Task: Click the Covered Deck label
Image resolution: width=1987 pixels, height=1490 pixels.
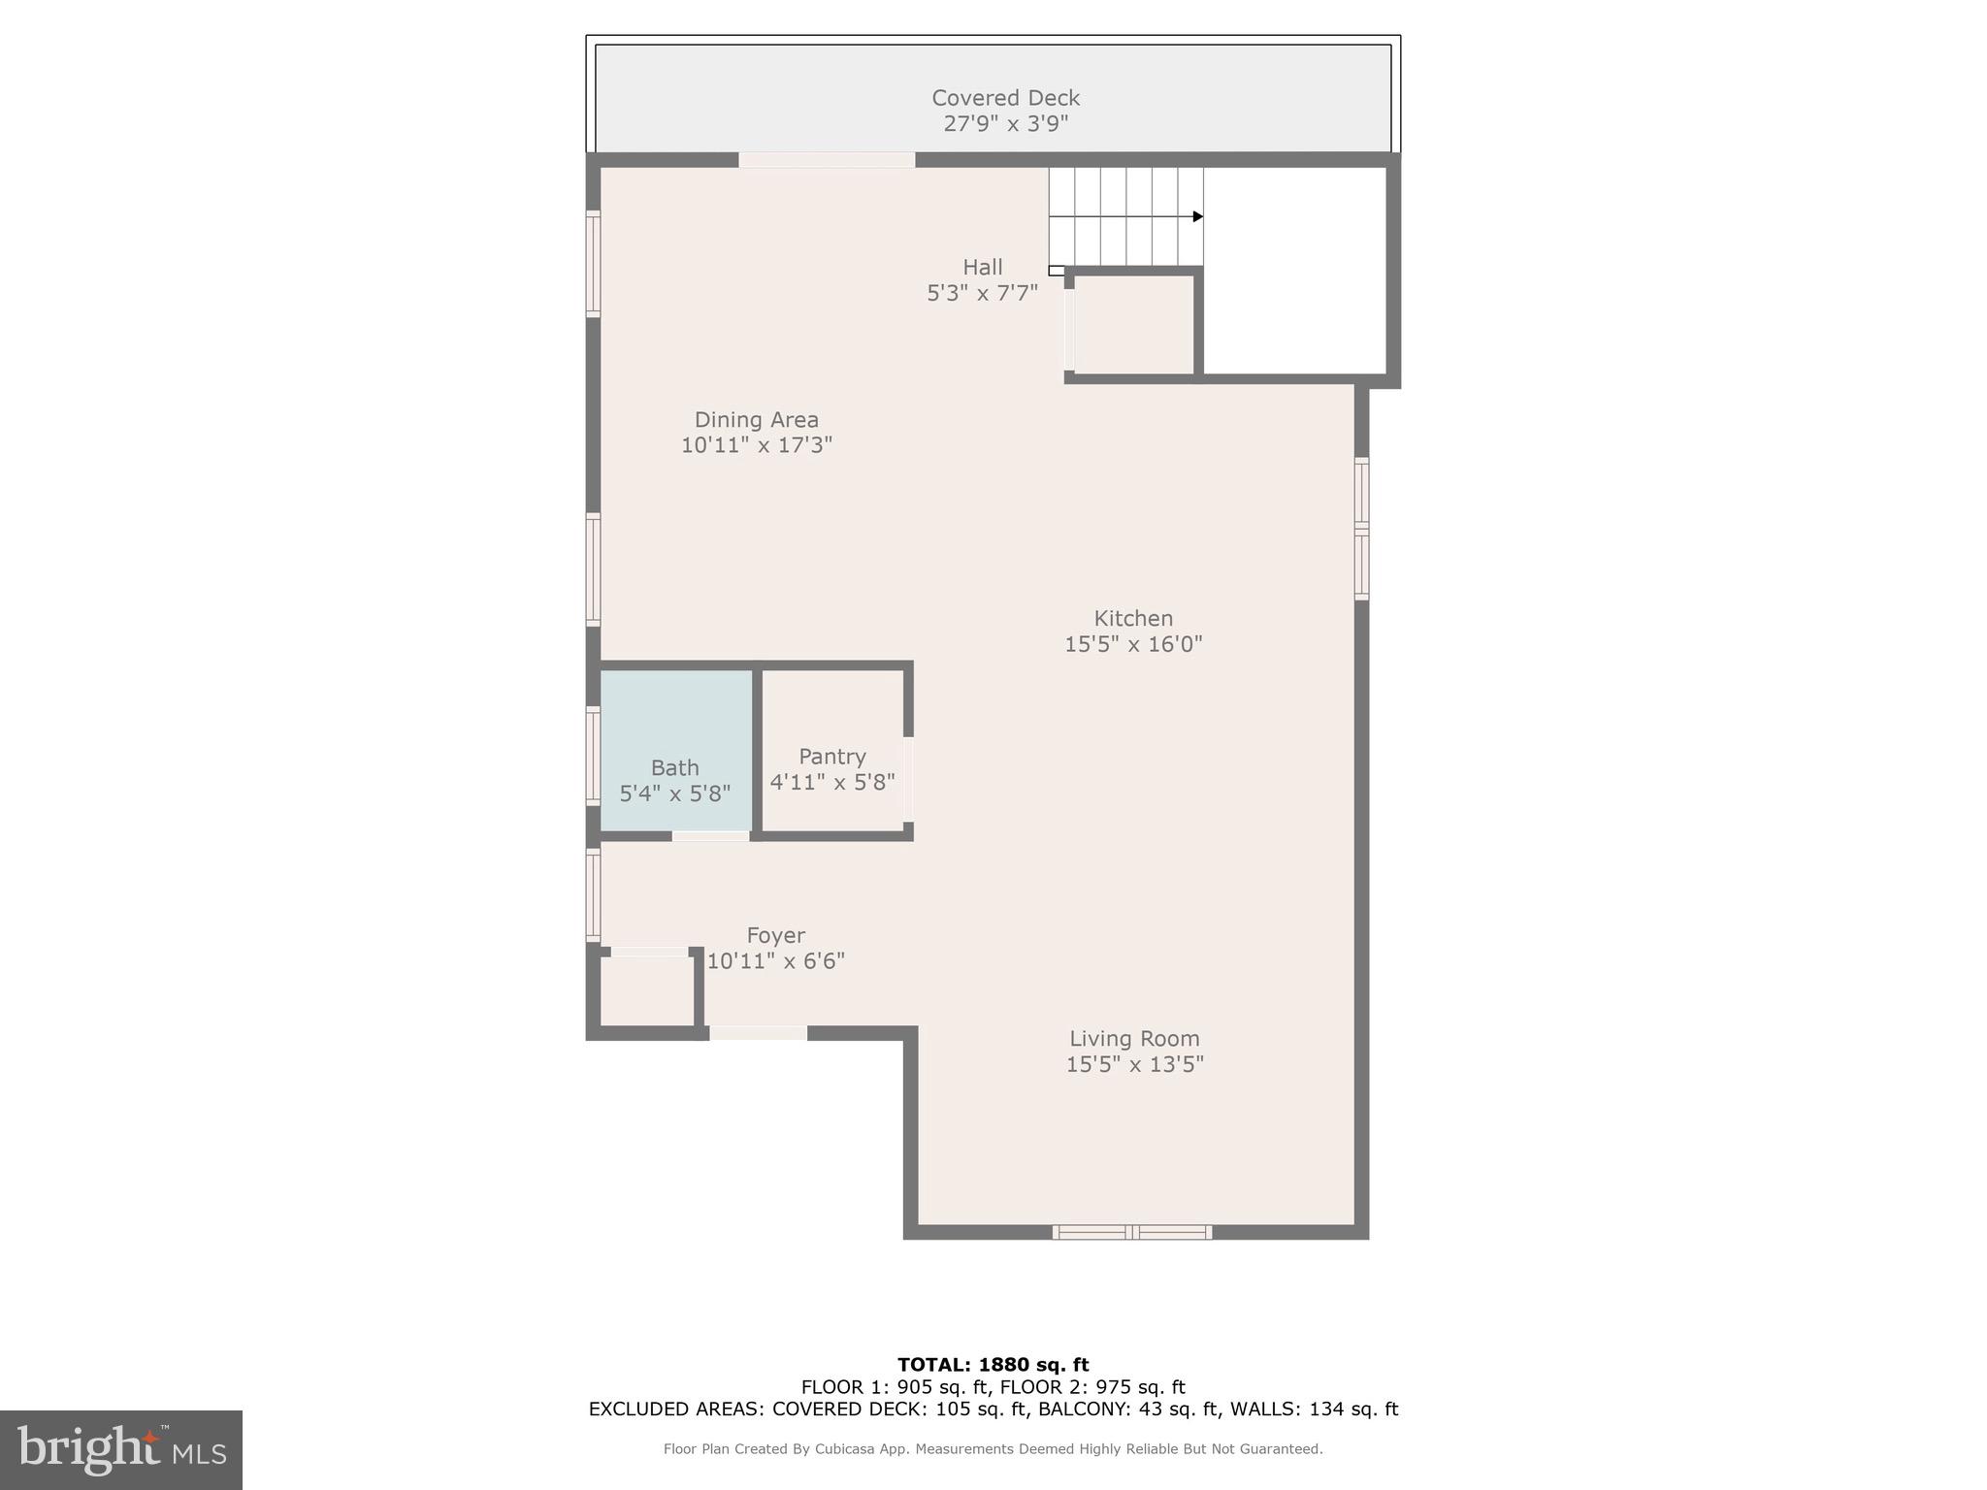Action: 1005,98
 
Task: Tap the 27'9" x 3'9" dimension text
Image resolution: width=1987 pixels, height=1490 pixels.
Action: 1005,124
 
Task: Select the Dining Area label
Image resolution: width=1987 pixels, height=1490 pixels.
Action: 756,420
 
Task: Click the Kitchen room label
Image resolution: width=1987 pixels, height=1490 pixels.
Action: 1133,618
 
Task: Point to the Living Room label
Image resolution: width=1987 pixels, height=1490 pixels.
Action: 1134,1038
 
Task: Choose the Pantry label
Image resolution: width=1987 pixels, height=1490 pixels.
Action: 831,756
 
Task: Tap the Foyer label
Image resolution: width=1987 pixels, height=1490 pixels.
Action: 775,935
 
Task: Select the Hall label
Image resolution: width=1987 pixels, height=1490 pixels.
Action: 982,267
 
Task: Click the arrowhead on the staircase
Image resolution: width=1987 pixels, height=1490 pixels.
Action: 1198,216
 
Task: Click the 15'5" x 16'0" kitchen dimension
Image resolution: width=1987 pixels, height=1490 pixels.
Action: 1133,644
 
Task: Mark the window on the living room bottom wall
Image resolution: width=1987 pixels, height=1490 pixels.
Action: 1132,1232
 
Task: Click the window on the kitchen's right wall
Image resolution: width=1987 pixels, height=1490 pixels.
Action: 1361,529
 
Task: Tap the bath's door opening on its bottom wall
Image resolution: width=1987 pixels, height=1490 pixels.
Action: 710,835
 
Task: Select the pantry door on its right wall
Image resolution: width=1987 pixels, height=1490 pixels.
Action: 908,780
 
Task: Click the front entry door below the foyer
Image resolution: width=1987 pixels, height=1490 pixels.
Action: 758,1033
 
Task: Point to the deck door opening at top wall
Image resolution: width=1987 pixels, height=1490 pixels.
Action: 827,160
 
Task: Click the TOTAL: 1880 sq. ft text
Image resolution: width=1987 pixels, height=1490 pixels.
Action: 993,1365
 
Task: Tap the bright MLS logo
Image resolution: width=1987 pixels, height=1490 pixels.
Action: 121,1449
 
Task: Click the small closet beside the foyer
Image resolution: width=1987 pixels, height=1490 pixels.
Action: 647,990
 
